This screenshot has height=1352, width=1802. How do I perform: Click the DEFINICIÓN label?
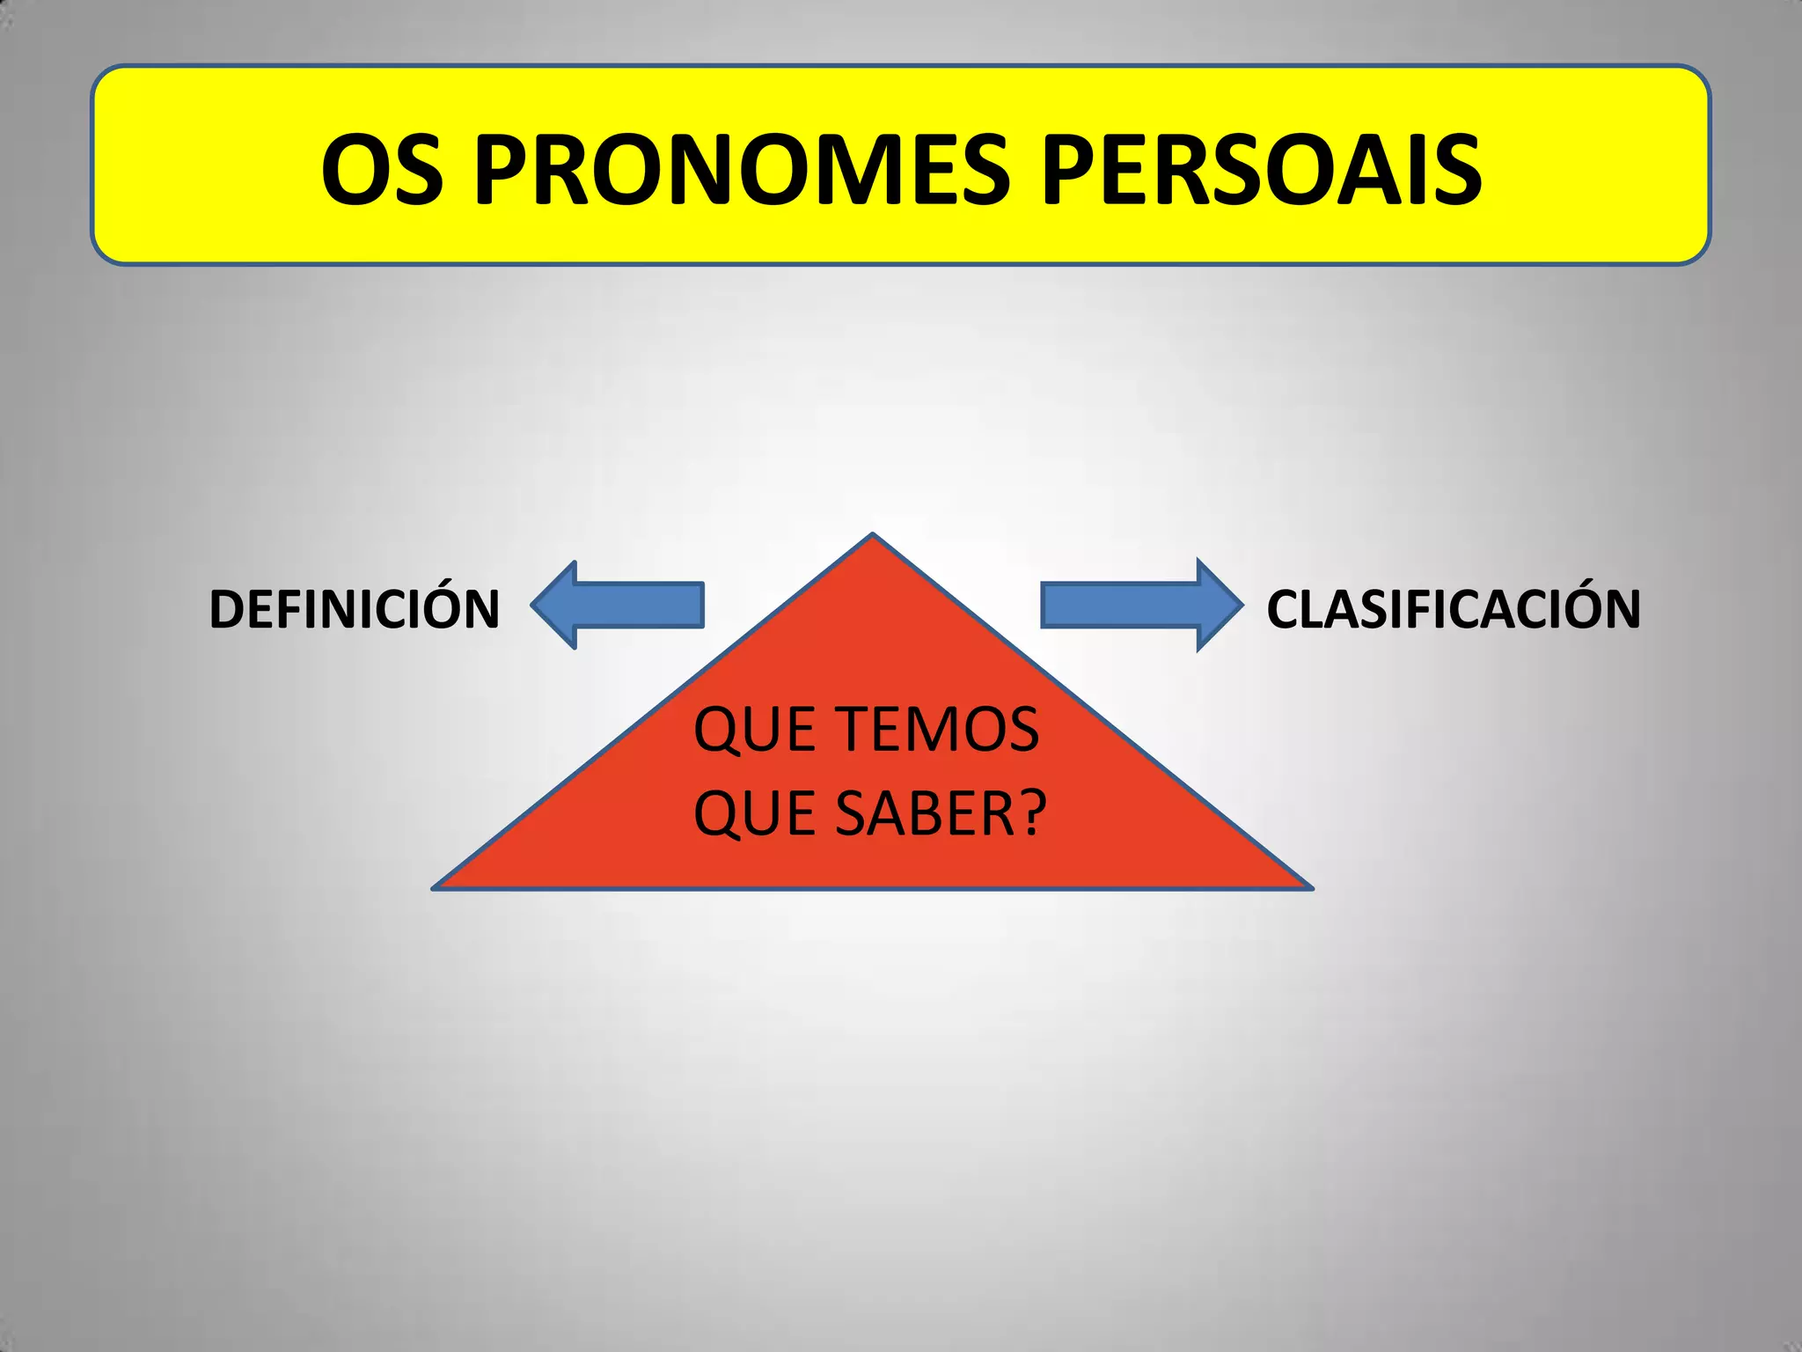[x=354, y=608]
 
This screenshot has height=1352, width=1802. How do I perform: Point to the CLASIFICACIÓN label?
[x=1454, y=608]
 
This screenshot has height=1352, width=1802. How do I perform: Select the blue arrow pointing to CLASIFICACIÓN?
[x=1140, y=606]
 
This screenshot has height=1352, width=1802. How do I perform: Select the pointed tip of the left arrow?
[x=533, y=606]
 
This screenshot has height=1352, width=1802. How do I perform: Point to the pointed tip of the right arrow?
[x=1242, y=606]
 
